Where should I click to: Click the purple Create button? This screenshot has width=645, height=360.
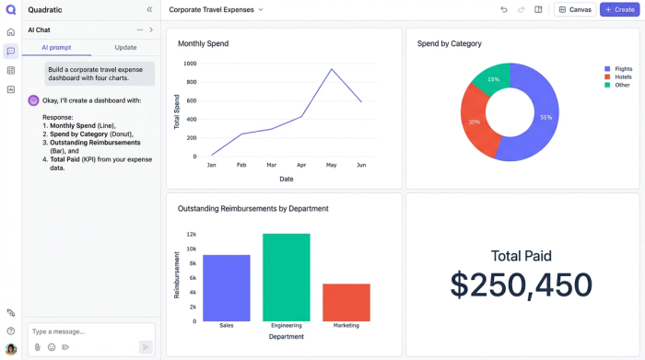coord(618,9)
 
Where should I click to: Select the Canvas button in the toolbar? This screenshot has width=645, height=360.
coord(575,9)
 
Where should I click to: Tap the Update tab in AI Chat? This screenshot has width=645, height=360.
coord(125,47)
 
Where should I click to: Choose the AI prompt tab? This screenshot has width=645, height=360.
coord(55,47)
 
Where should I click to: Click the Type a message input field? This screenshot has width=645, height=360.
coord(88,331)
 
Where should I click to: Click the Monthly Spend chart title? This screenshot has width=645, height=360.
coord(203,43)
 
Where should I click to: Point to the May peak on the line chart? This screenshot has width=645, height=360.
coord(332,69)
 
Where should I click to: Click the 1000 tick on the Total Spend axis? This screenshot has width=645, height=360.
coord(189,64)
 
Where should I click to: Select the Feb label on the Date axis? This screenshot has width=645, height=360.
coord(241,165)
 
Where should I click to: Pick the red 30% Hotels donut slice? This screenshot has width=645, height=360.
coord(475,122)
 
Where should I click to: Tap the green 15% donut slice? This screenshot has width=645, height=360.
coord(494,79)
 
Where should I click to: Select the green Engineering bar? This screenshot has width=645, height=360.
coord(287,276)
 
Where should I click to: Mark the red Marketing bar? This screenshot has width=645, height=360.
coord(346,302)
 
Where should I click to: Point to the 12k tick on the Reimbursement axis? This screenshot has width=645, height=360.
coord(191,234)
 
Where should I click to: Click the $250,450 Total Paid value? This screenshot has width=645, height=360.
coord(521,285)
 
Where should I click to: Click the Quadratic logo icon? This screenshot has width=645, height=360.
coord(10,9)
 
